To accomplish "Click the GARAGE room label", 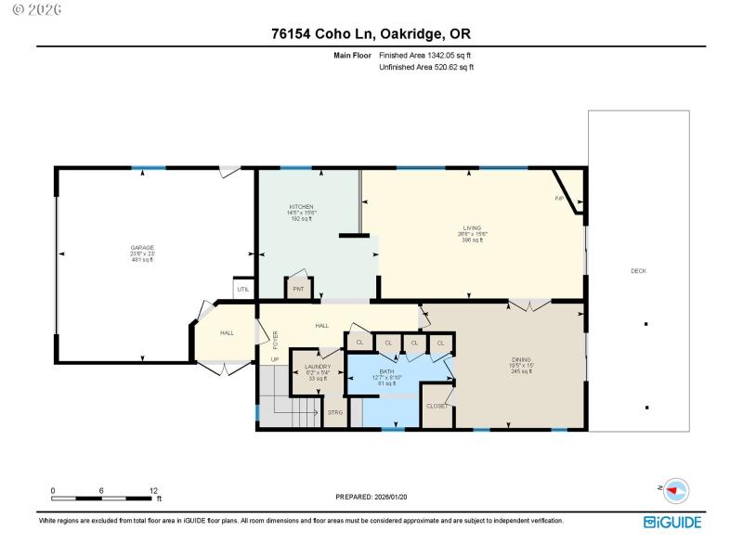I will coord(142,247).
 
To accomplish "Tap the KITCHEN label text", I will coord(301,206).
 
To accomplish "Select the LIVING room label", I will coord(473,227).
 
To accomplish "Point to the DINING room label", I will coord(521,359).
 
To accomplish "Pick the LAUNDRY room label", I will coord(318,367).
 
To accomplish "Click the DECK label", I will coord(638,271).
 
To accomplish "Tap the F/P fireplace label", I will coord(560,199).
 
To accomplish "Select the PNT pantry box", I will coord(298,289).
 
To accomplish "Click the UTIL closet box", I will coord(243,290).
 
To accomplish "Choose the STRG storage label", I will coord(334,412).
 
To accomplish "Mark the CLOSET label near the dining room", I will coord(437,406).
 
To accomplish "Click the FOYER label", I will coord(275,339).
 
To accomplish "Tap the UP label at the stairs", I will coord(275,359).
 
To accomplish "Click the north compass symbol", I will coord(675,489).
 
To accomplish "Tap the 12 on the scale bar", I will coord(154,489).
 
